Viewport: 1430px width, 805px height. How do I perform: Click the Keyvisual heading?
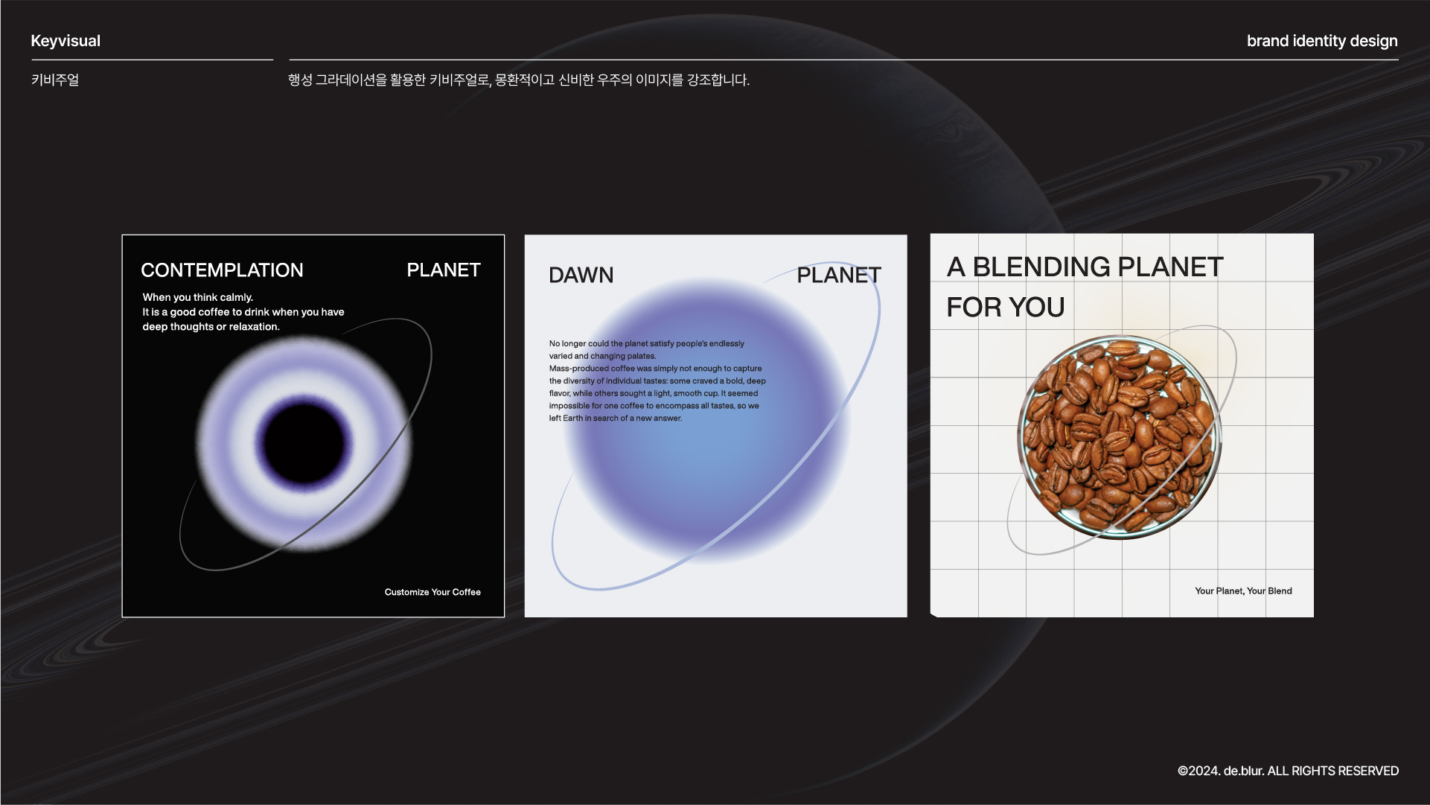pos(66,41)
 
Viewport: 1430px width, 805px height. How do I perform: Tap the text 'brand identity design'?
pos(1322,41)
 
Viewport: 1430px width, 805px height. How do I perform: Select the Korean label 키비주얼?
pos(55,80)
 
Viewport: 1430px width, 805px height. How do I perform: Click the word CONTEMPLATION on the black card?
pos(222,270)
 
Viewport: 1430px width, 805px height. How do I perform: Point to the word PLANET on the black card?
pos(444,270)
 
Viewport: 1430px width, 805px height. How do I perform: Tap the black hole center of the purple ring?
pos(304,442)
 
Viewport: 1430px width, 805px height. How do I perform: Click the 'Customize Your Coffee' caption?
pos(432,592)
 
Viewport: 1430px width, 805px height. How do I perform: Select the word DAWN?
pos(581,275)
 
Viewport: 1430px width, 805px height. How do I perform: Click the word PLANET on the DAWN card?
pos(839,275)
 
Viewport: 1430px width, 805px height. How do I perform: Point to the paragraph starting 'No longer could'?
pos(657,381)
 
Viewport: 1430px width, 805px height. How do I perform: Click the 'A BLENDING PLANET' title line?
pos(1085,267)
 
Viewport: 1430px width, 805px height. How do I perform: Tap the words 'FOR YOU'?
pos(1006,307)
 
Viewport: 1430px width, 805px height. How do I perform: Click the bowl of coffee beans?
pos(1119,437)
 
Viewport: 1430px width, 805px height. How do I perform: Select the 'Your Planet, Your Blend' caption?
pos(1243,591)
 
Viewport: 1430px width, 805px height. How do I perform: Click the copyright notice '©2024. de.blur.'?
pos(1221,771)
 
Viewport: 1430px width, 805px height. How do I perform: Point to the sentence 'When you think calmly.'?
pos(198,297)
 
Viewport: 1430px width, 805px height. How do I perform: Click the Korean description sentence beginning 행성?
pos(519,80)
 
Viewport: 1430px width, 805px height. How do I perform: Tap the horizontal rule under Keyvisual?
pos(152,60)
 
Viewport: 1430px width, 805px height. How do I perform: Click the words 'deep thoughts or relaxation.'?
pos(211,327)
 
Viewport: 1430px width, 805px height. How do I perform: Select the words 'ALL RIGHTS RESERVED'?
pos(1333,771)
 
